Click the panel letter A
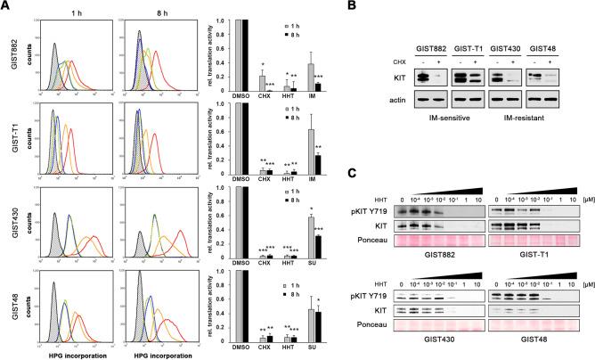click(x=6, y=6)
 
